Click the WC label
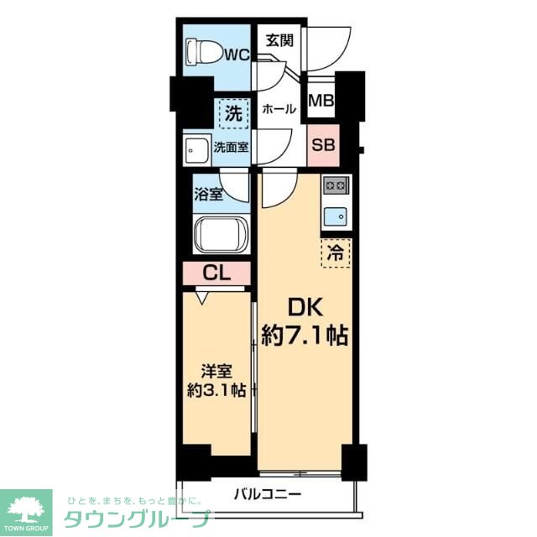[235, 56]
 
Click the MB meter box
[321, 101]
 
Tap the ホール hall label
[278, 109]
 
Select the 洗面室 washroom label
[230, 147]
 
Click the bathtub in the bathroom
[220, 234]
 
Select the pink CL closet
[216, 274]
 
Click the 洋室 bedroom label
[216, 370]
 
